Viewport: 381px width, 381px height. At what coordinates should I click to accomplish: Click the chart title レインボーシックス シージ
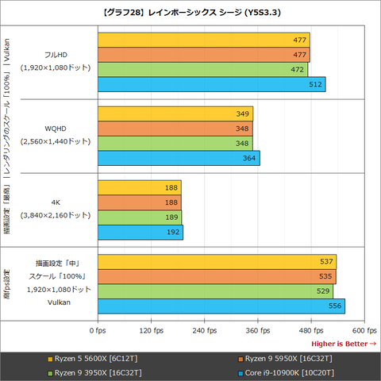[190, 11]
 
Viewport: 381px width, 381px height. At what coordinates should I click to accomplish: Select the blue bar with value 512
[211, 84]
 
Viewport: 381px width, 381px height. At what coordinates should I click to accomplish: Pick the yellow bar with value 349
[175, 114]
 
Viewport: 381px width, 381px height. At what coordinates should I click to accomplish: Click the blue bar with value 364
[178, 158]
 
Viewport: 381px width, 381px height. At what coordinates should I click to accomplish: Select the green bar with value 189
[139, 217]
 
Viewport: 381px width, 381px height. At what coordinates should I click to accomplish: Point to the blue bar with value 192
[140, 232]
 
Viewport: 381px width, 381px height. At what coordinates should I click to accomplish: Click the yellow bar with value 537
[217, 261]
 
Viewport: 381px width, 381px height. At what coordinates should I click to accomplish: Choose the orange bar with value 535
[216, 276]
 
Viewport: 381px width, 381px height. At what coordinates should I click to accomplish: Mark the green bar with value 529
[215, 291]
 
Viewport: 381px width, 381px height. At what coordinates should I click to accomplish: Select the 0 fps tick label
[98, 330]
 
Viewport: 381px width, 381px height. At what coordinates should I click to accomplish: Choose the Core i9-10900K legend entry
[283, 372]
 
